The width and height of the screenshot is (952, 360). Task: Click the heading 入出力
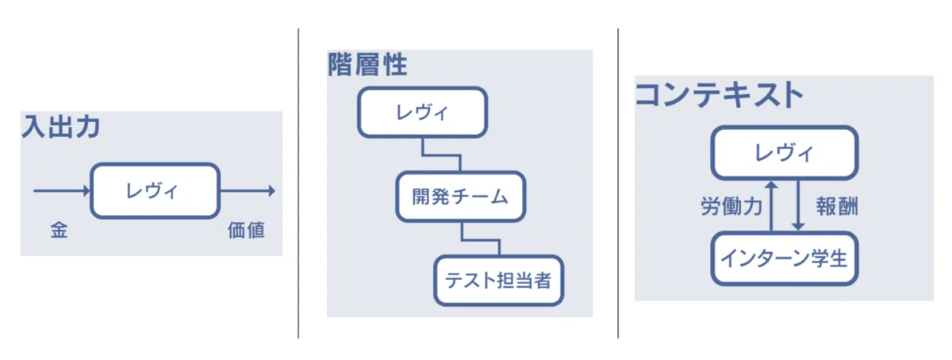click(x=61, y=127)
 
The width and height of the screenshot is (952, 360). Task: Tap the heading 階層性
click(x=367, y=64)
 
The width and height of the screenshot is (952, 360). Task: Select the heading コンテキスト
click(x=719, y=94)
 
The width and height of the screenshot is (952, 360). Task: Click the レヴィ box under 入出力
click(x=155, y=191)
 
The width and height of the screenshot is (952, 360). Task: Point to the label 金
click(x=59, y=230)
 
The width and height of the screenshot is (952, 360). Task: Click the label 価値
click(x=247, y=230)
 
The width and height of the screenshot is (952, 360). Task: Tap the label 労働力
click(x=731, y=207)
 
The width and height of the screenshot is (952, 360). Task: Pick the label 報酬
click(x=837, y=207)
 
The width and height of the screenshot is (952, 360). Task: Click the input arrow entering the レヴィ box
click(x=62, y=191)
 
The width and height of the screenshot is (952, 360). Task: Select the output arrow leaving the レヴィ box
click(x=248, y=191)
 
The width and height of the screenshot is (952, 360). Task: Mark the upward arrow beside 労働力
click(x=771, y=206)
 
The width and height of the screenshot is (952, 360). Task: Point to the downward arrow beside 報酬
click(x=798, y=205)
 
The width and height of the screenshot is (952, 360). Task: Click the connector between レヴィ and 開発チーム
click(x=441, y=156)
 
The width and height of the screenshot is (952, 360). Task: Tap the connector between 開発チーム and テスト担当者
click(x=480, y=240)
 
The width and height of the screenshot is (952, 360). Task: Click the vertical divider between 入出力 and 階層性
click(x=298, y=183)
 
